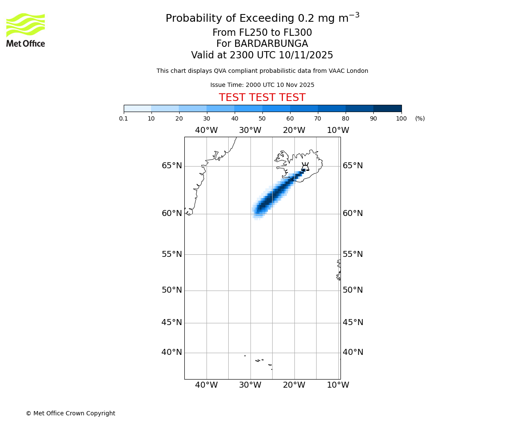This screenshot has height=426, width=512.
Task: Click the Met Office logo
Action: coord(26,30)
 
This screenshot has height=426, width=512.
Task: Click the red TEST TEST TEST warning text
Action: coord(262,98)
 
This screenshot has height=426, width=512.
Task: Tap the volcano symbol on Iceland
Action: coord(305,167)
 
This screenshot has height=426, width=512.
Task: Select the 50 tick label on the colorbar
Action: coord(262,118)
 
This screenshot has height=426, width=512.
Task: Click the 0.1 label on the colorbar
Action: coord(123,118)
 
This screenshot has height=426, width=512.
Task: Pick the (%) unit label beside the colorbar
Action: coord(420,118)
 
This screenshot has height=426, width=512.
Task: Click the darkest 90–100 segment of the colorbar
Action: coord(387,108)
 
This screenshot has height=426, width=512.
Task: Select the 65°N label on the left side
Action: coord(172,166)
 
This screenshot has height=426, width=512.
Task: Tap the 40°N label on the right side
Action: coord(353,352)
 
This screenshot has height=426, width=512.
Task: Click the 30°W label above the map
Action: coord(250,130)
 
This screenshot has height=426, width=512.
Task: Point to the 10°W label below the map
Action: coord(338,385)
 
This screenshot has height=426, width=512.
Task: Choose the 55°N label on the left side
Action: coord(172,254)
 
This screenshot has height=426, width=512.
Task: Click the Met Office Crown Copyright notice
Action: coord(70,413)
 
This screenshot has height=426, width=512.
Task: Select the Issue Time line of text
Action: coord(262,85)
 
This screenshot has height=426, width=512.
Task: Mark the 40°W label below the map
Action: coord(207,385)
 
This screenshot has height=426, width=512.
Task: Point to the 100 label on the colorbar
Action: coord(401,118)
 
